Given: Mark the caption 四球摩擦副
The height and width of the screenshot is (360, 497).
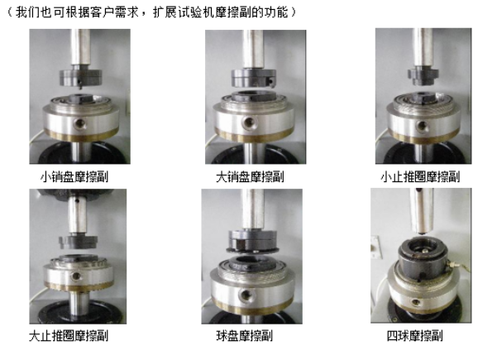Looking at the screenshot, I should coord(414,336).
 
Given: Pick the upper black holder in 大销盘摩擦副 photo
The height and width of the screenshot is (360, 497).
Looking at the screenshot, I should coord(246,80).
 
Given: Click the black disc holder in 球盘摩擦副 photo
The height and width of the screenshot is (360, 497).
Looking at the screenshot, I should coord(246,241).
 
